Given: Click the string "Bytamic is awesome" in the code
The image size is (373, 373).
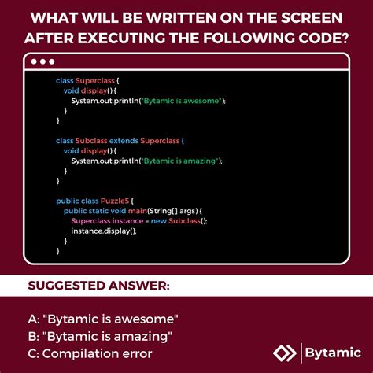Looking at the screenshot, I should tap(181, 101).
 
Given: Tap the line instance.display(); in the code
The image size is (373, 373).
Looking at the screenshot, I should tap(98, 231).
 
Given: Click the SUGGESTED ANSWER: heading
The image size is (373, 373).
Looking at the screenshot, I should tap(99, 285).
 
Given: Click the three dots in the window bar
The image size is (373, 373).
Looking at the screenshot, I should tap(42, 61).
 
